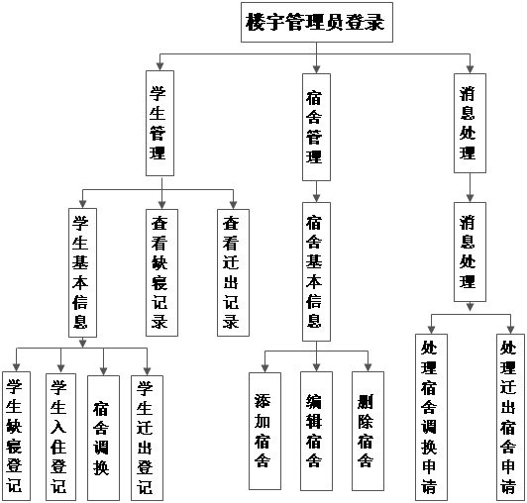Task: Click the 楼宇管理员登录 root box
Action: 317,22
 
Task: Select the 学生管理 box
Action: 159,123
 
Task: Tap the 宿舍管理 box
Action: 316,127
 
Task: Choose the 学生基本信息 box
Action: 82,272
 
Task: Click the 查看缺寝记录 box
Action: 161,272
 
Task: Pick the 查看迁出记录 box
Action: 233,272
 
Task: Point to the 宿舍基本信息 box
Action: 316,271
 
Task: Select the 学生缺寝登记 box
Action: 16,436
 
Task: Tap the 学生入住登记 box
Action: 60,437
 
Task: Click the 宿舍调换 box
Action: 103,438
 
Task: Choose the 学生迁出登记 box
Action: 147,438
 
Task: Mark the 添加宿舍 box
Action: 264,431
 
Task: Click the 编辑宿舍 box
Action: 316,431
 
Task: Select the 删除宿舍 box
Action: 368,431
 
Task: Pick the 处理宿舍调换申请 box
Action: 431,417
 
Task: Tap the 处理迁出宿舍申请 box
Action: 510,417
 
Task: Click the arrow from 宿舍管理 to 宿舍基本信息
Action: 316,191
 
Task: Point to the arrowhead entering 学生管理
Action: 160,66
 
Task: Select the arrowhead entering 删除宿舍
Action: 369,367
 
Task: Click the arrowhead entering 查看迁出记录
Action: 233,205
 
